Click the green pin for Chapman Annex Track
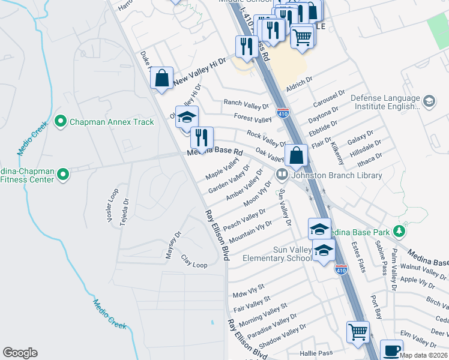60,122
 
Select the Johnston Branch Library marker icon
282,175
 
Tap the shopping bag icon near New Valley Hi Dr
161,78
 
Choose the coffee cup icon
392,350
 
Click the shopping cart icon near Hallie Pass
358,331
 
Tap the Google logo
20,353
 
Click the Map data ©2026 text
423,355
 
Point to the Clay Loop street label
194,263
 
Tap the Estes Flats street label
358,256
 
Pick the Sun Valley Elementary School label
277,254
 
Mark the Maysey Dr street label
173,245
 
